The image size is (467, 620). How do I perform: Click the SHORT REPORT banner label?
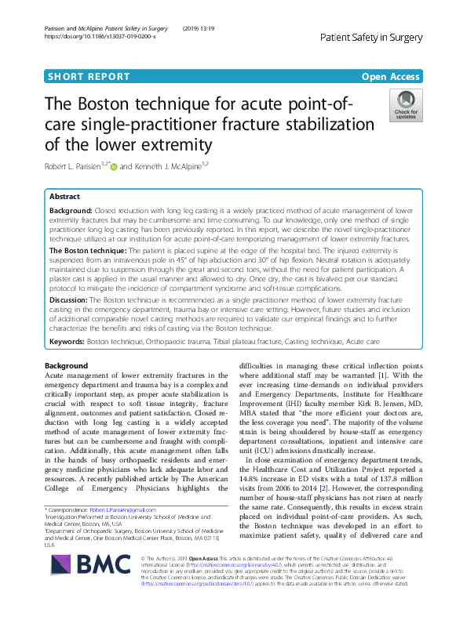tap(89, 77)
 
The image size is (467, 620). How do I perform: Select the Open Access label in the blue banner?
tap(390, 77)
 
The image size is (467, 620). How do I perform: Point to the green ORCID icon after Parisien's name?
tap(114, 166)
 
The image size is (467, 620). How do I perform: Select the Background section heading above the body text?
tap(67, 366)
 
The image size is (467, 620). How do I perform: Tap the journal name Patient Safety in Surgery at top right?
tap(372, 37)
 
